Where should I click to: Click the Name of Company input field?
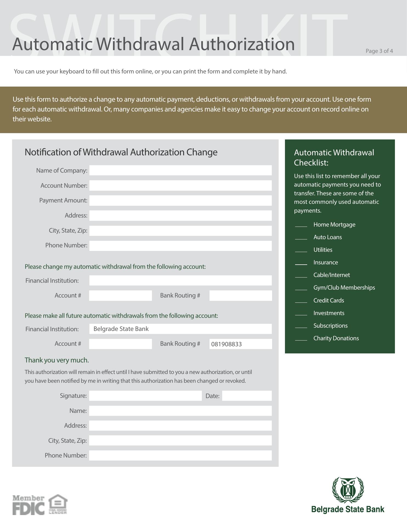coord(180,170)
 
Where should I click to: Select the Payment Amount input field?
coord(180,201)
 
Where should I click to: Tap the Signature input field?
coord(145,396)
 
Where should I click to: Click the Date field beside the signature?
coord(247,396)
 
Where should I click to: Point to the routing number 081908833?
coord(227,344)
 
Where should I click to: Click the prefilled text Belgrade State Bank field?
coord(180,329)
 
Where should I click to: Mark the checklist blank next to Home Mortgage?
coord(301,225)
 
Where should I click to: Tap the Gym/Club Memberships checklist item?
coord(344,288)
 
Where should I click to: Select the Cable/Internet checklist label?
coord(332,275)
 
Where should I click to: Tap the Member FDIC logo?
coord(28,505)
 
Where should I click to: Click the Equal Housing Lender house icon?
coord(58,504)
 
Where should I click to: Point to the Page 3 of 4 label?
coord(379,51)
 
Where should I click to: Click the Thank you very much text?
coord(57,360)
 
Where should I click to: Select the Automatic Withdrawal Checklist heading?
coord(334,158)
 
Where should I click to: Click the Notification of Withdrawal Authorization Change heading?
coord(121,152)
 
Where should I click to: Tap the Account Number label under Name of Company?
coord(64,185)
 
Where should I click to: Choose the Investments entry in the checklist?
coord(329,313)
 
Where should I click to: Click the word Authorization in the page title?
coord(242,44)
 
